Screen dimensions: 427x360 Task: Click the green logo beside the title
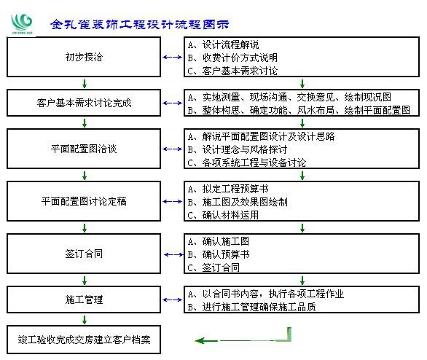(x=22, y=24)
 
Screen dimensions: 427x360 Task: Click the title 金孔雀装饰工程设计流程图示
(x=139, y=25)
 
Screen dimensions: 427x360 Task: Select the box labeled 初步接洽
(x=84, y=57)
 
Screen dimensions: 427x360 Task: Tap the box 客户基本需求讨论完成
(x=84, y=103)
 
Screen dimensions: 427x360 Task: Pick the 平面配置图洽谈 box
(x=84, y=149)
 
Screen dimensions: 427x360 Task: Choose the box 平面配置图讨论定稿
(x=84, y=201)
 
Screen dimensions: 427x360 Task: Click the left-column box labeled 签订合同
(x=84, y=254)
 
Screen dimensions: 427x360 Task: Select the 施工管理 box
(x=84, y=300)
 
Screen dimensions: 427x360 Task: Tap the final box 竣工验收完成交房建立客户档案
(x=84, y=340)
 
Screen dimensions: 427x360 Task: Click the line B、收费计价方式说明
(x=232, y=58)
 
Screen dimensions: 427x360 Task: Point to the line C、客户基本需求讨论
(x=232, y=71)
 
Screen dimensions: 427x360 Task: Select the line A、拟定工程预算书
(x=228, y=189)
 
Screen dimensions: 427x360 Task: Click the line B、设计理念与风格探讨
(x=238, y=149)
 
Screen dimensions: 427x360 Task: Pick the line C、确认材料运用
(x=223, y=215)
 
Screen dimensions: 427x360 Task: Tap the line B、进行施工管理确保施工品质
(x=251, y=307)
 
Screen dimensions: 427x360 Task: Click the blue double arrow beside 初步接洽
(x=173, y=57)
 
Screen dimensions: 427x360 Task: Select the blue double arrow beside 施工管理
(x=173, y=300)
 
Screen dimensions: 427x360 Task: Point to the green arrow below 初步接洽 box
(x=85, y=84)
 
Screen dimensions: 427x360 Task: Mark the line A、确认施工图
(x=219, y=241)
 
